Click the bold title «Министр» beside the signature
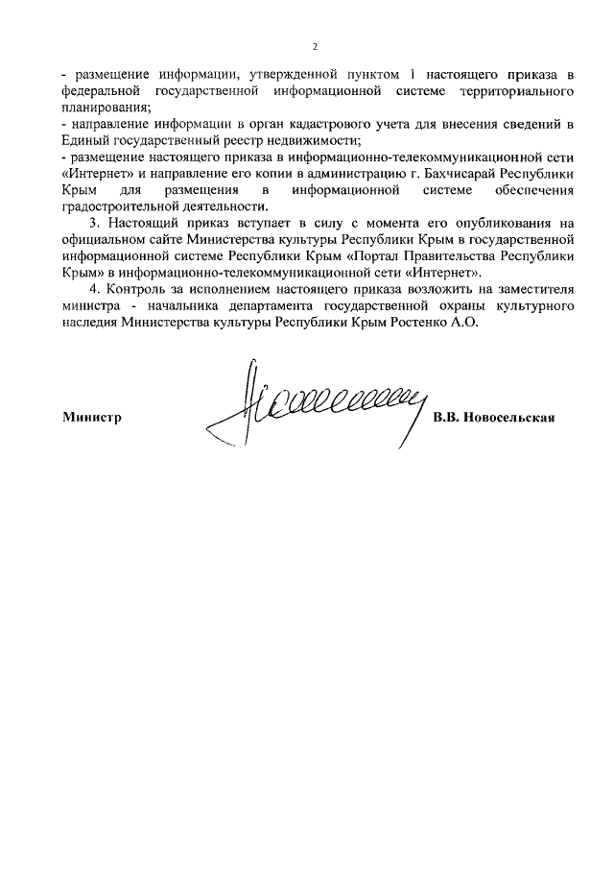[93, 418]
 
